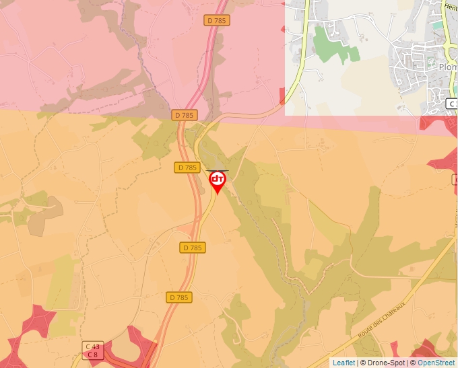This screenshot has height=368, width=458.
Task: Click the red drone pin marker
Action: [218, 180]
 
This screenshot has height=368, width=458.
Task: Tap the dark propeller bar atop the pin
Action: [217, 171]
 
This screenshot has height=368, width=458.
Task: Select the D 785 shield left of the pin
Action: [188, 167]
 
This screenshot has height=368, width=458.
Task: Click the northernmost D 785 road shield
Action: [217, 20]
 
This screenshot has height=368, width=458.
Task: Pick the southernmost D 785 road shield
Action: [178, 297]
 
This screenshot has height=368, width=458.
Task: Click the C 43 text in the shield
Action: [92, 346]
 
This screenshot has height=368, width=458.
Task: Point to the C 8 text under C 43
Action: [92, 355]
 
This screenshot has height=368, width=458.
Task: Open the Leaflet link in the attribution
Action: [343, 363]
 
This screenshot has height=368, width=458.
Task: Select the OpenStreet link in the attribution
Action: [436, 363]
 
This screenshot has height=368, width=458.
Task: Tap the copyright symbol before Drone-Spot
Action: [363, 363]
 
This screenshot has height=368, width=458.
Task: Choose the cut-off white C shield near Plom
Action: [452, 104]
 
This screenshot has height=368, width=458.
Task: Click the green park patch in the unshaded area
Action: [333, 46]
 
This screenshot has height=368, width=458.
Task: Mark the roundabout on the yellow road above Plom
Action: [446, 40]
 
